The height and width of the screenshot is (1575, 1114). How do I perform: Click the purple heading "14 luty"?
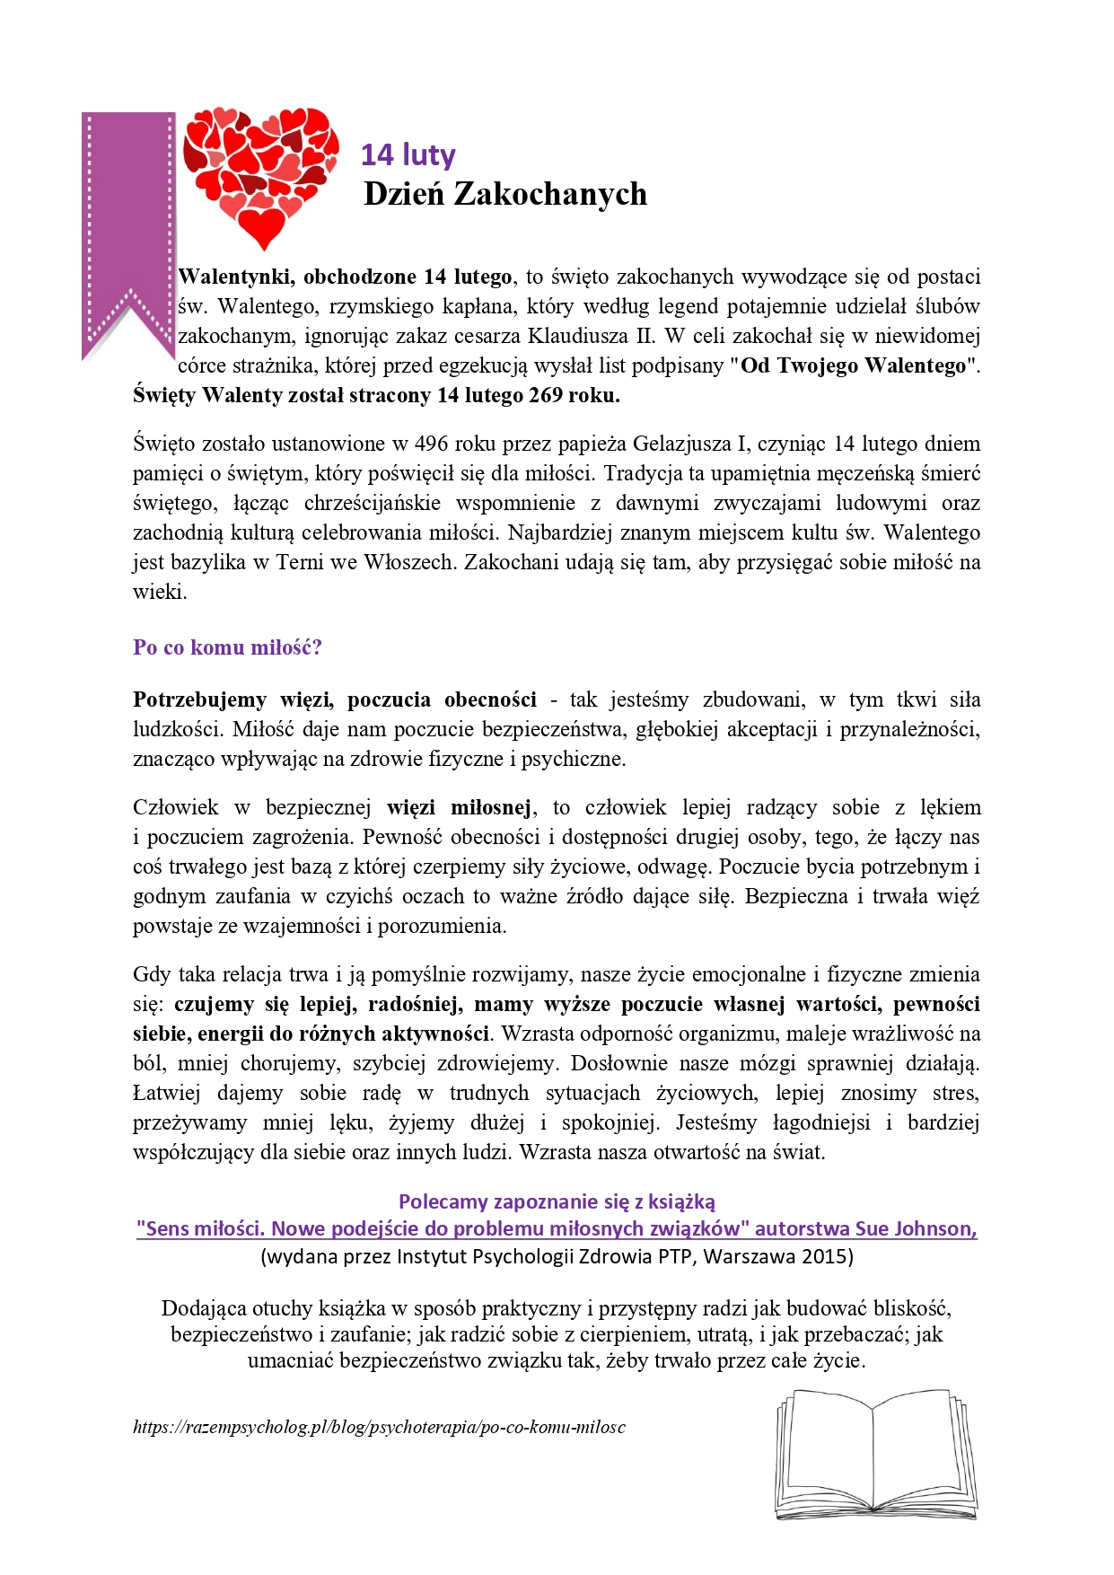click(x=408, y=155)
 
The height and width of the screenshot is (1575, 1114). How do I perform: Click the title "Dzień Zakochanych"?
click(x=504, y=194)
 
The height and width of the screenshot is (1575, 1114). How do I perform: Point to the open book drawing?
click(x=875, y=1455)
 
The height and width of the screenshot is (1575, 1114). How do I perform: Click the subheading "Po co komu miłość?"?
click(x=227, y=647)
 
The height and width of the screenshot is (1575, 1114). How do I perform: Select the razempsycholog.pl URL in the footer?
click(x=379, y=1427)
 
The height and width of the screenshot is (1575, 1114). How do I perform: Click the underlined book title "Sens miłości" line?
click(x=557, y=1228)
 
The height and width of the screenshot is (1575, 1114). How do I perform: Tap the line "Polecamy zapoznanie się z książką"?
click(x=557, y=1201)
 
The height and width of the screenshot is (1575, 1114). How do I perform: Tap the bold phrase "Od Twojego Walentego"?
click(x=854, y=365)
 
